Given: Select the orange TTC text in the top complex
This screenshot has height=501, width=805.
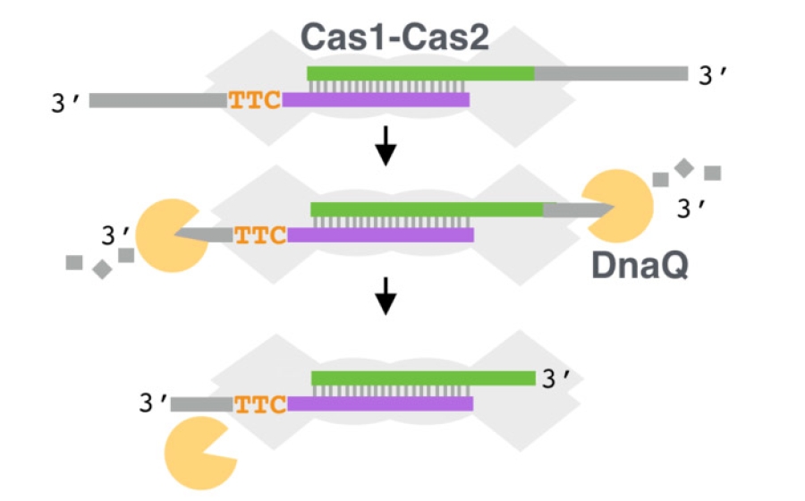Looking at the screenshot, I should click(255, 100).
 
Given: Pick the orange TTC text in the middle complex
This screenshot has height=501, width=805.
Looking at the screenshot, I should click(260, 236).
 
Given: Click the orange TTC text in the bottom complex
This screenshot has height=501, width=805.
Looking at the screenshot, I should click(260, 404).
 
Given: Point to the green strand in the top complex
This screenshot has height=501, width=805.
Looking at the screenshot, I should click(420, 73).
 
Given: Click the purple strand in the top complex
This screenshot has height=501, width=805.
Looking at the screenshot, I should click(376, 100).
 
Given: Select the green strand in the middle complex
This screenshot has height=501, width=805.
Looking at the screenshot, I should click(426, 209).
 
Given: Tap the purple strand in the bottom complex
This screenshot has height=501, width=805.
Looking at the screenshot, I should click(379, 404).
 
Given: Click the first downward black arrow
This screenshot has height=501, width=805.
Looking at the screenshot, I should click(386, 147).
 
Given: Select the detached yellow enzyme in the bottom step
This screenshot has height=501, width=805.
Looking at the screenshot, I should click(198, 454).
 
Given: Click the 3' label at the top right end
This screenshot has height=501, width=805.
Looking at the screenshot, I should click(715, 76).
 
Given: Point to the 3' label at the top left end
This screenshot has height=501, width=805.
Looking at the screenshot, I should click(69, 101).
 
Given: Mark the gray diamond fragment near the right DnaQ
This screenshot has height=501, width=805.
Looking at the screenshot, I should click(684, 166).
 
